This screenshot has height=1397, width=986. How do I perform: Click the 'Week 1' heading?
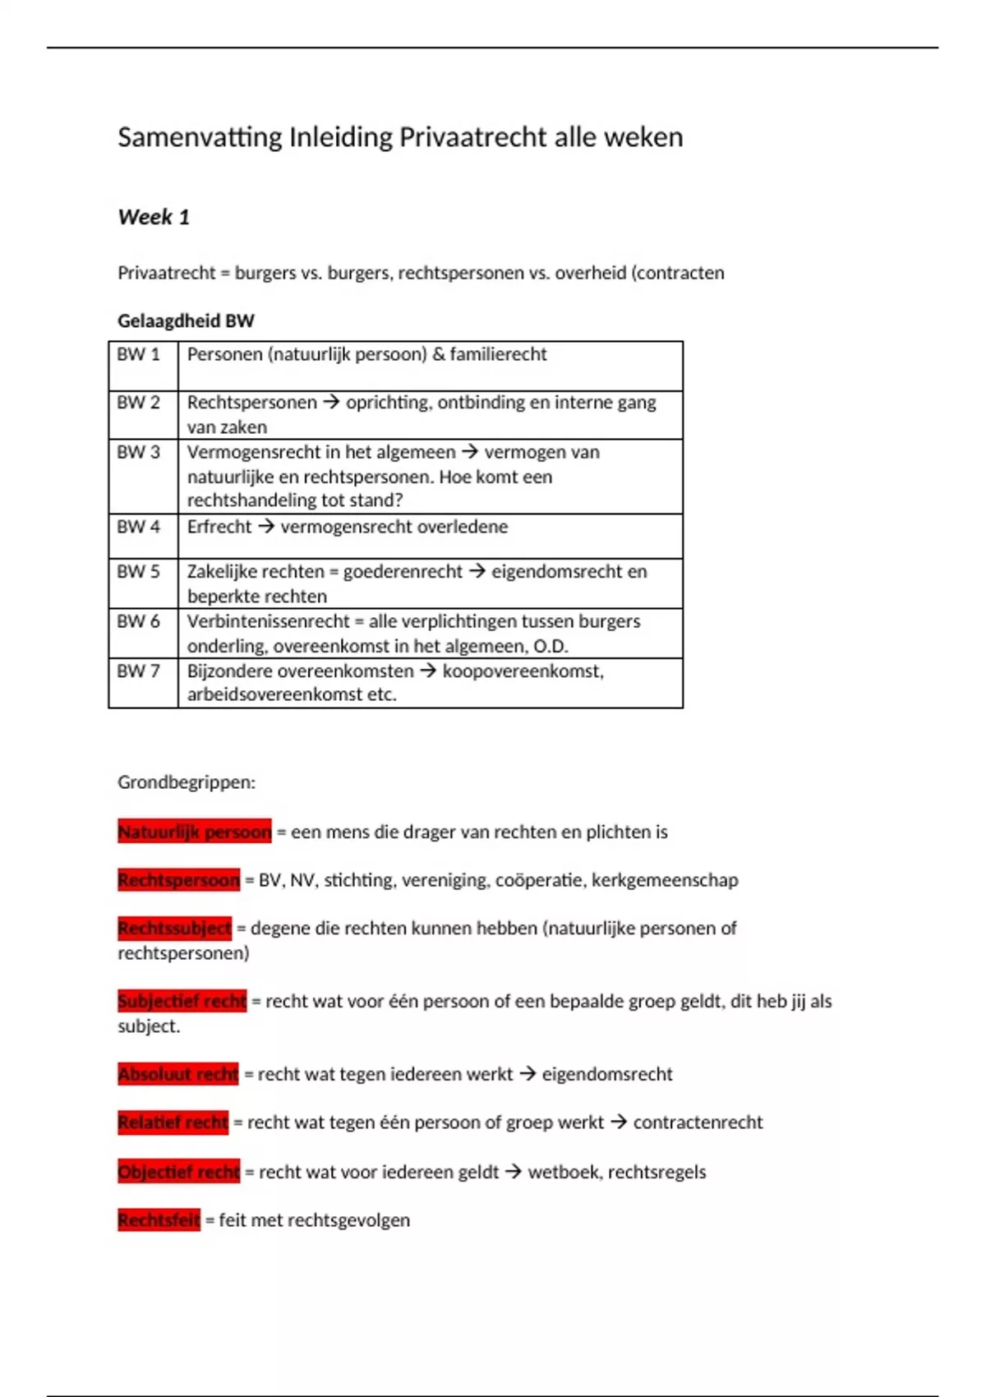coord(154,217)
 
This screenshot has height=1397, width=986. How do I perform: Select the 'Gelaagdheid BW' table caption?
coord(186,320)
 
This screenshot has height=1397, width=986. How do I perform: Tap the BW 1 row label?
coord(138,354)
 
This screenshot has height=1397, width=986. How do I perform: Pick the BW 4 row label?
coord(138,527)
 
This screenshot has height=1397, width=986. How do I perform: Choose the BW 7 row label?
coord(138,671)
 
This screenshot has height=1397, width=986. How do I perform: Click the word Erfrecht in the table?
coord(219,527)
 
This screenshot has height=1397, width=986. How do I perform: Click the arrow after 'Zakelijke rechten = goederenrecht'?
coord(477,571)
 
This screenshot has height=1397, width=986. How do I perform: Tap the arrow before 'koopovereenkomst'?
coord(428,671)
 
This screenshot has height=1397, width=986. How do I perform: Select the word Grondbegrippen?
coord(187,782)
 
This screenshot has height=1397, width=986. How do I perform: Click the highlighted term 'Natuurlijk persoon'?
coord(194,832)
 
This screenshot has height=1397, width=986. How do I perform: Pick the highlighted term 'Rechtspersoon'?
coord(178,880)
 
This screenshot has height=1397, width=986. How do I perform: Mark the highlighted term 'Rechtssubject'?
coord(174,929)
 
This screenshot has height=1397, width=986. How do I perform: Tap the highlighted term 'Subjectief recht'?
coord(182,1001)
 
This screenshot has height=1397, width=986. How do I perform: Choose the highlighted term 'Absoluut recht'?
coord(177,1074)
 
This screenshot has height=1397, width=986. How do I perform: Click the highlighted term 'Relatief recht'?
coord(173,1123)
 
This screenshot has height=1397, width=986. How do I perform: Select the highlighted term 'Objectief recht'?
coord(178,1172)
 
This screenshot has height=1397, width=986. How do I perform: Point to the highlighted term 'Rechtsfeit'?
coord(159,1220)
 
